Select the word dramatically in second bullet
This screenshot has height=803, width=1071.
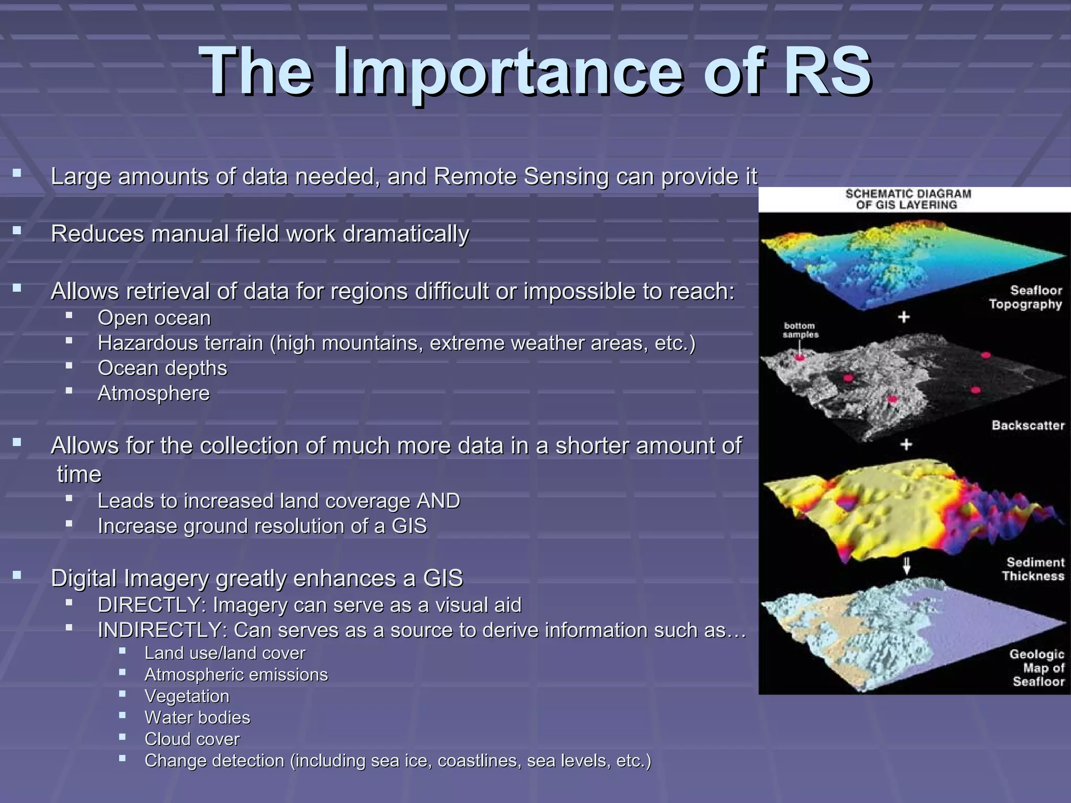click(406, 234)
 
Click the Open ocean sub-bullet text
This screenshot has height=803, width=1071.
click(154, 318)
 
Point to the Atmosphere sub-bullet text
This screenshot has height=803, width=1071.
click(154, 393)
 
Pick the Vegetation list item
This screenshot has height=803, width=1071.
click(187, 696)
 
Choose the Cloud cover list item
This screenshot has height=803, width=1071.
click(192, 739)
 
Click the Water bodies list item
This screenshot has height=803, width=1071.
click(197, 718)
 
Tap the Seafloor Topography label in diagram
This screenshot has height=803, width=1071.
click(1025, 297)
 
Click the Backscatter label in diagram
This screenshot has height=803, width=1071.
click(1028, 425)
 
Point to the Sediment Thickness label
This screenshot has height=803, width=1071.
click(1033, 569)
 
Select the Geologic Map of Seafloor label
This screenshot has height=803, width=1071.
click(1037, 668)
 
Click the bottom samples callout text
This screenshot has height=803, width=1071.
click(800, 330)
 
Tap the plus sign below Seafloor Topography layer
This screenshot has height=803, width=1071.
click(904, 317)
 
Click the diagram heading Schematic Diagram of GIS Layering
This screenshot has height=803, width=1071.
click(908, 199)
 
